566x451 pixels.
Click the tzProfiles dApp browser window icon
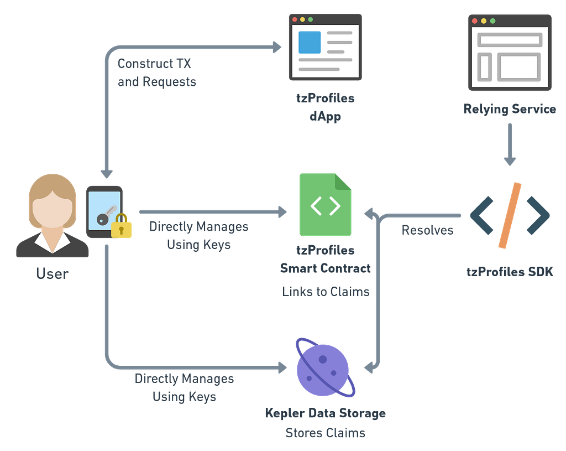pos(325,47)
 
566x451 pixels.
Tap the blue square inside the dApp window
pos(310,42)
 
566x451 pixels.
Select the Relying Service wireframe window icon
pos(510,53)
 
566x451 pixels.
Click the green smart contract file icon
pos(325,205)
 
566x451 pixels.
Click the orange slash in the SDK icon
pos(510,215)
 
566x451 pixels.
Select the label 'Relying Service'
pos(510,109)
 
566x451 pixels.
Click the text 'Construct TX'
pos(154,64)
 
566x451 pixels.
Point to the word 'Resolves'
pos(427,230)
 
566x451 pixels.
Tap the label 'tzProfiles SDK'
pos(510,272)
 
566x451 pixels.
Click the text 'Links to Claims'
pos(326,292)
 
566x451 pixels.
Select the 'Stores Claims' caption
pos(325,433)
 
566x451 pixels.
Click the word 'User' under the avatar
pos(53,274)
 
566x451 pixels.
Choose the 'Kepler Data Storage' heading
pos(325,413)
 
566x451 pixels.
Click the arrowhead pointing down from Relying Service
pos(510,161)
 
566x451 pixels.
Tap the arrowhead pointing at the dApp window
pos(277,47)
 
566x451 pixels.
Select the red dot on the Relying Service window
pos(475,21)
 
